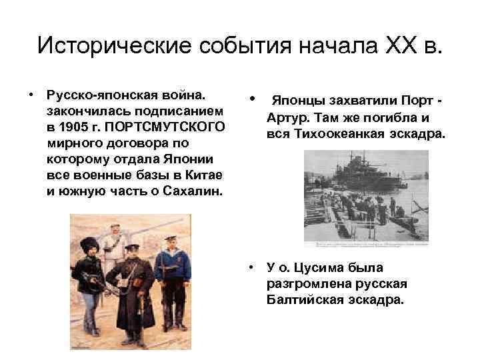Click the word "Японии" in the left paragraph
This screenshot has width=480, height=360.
pyautogui.click(x=193, y=159)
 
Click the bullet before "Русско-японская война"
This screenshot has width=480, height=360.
pyautogui.click(x=31, y=94)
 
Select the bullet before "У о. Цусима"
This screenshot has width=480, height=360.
pyautogui.click(x=250, y=269)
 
